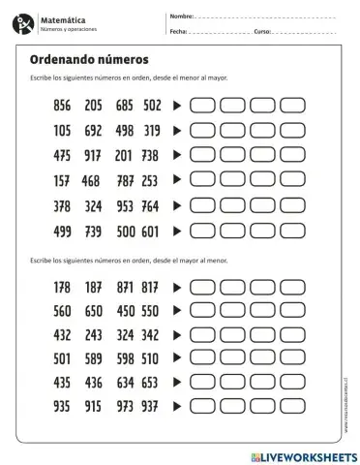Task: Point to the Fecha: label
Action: tap(178, 32)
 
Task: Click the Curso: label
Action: tap(262, 32)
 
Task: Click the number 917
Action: tap(93, 155)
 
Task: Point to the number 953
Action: tap(123, 205)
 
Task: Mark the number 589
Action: tap(93, 358)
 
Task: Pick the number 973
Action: tap(123, 407)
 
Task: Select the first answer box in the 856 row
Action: tap(204, 105)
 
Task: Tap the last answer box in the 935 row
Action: tap(292, 407)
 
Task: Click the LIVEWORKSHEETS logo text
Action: tap(302, 453)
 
